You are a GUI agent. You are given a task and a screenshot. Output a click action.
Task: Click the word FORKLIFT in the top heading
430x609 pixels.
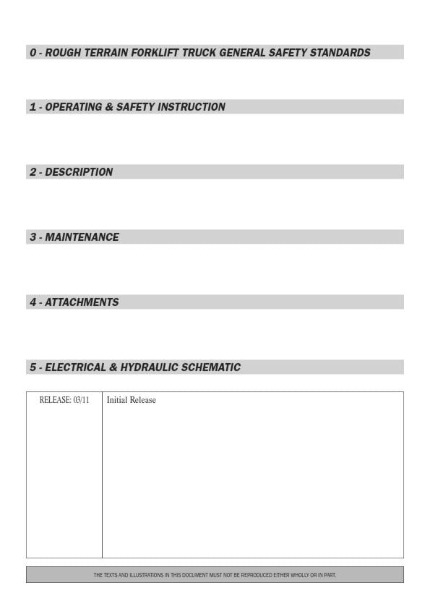click(156, 53)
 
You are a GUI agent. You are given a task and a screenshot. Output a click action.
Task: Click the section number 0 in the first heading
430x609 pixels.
click(33, 53)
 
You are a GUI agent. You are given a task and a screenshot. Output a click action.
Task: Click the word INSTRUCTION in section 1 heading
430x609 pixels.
click(191, 107)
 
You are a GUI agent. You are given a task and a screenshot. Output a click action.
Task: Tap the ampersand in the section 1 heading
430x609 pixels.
click(109, 107)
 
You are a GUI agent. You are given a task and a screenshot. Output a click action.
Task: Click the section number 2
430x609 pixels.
click(33, 172)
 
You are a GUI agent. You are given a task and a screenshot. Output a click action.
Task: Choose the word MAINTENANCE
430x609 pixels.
click(82, 237)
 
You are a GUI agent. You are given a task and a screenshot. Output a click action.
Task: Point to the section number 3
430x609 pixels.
click(33, 237)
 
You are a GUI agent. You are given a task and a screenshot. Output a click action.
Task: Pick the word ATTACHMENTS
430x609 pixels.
click(82, 302)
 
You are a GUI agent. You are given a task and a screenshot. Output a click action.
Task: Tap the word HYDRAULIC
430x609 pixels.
click(150, 367)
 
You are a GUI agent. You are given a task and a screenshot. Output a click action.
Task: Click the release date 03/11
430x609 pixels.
click(81, 400)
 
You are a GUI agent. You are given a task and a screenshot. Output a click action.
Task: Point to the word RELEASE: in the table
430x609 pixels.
click(55, 400)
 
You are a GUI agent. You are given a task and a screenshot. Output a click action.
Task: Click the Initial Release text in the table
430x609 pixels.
click(131, 400)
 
